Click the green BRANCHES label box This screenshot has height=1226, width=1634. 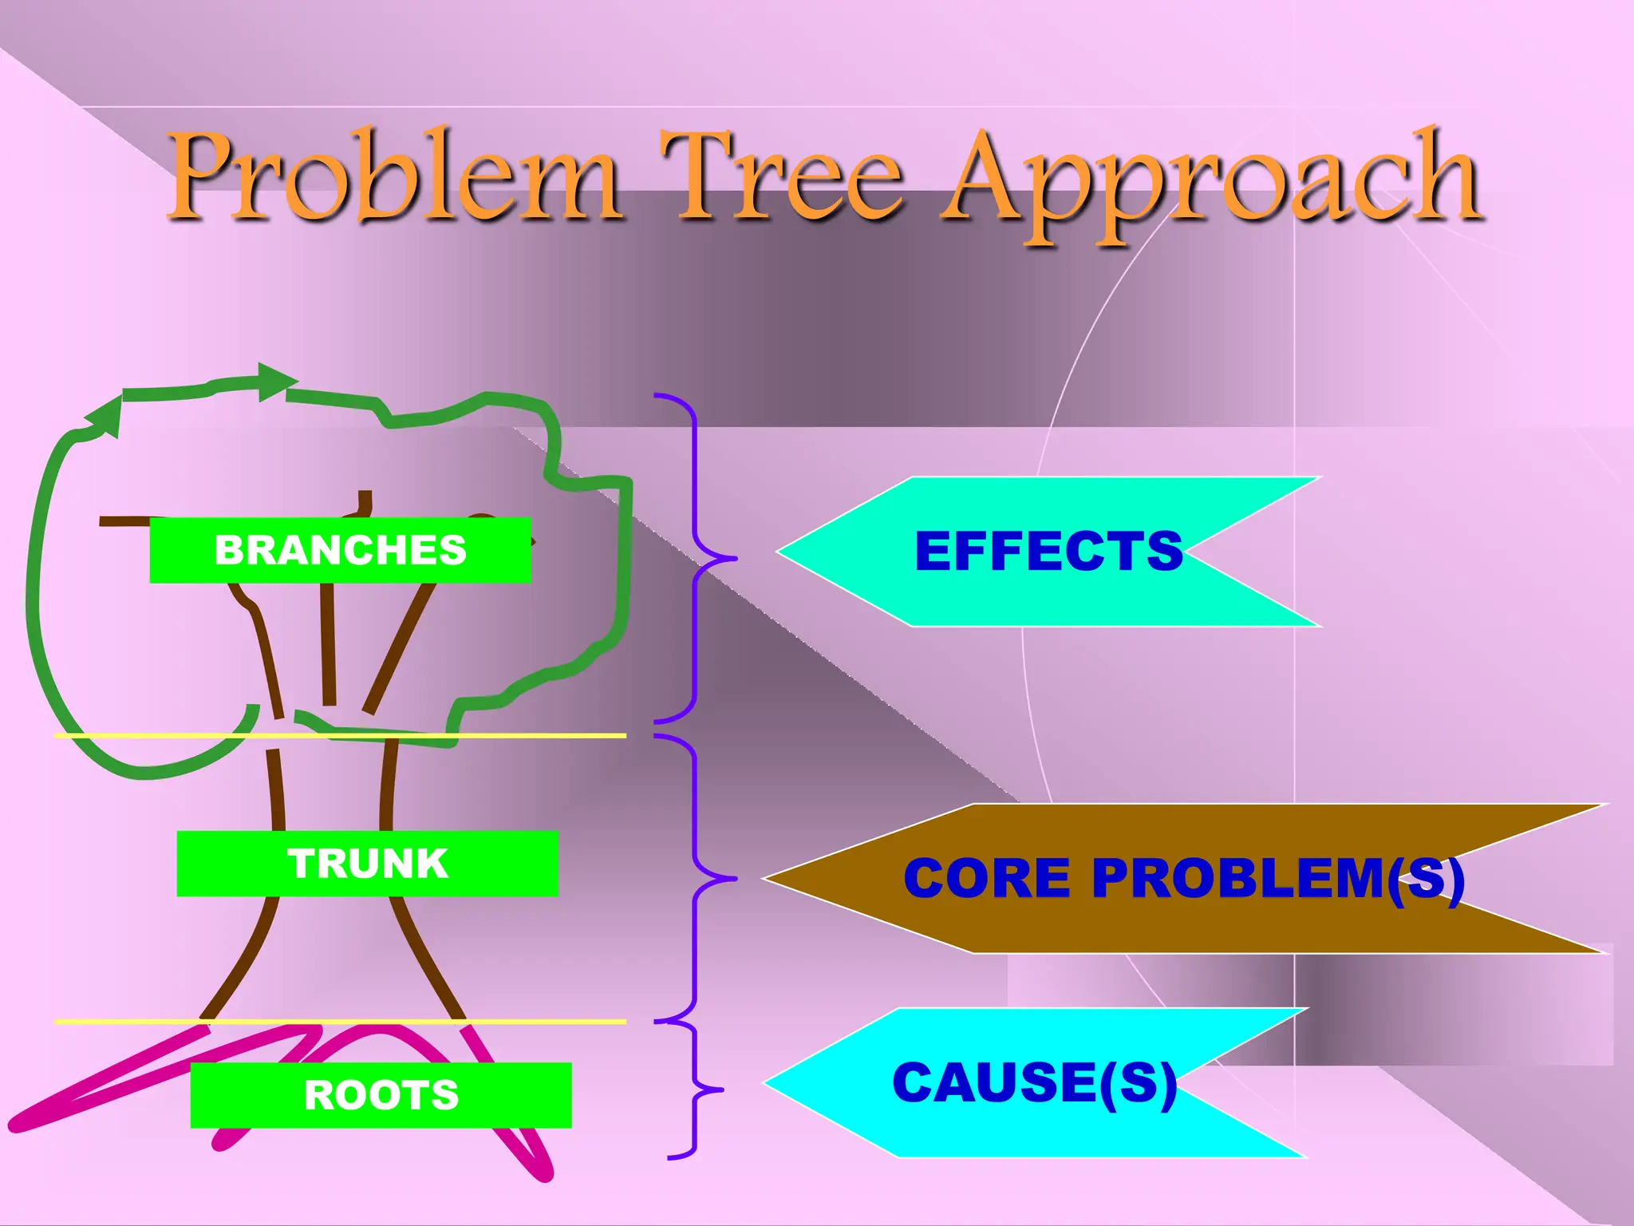click(x=340, y=550)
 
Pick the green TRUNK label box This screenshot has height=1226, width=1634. click(x=367, y=864)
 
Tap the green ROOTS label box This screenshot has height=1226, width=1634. click(x=381, y=1095)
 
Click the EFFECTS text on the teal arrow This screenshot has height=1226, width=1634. click(x=1048, y=551)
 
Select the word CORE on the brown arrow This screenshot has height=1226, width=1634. click(x=986, y=878)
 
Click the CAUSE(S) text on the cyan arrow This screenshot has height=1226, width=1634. click(x=1034, y=1083)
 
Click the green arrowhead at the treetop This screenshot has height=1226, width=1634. click(x=276, y=381)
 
